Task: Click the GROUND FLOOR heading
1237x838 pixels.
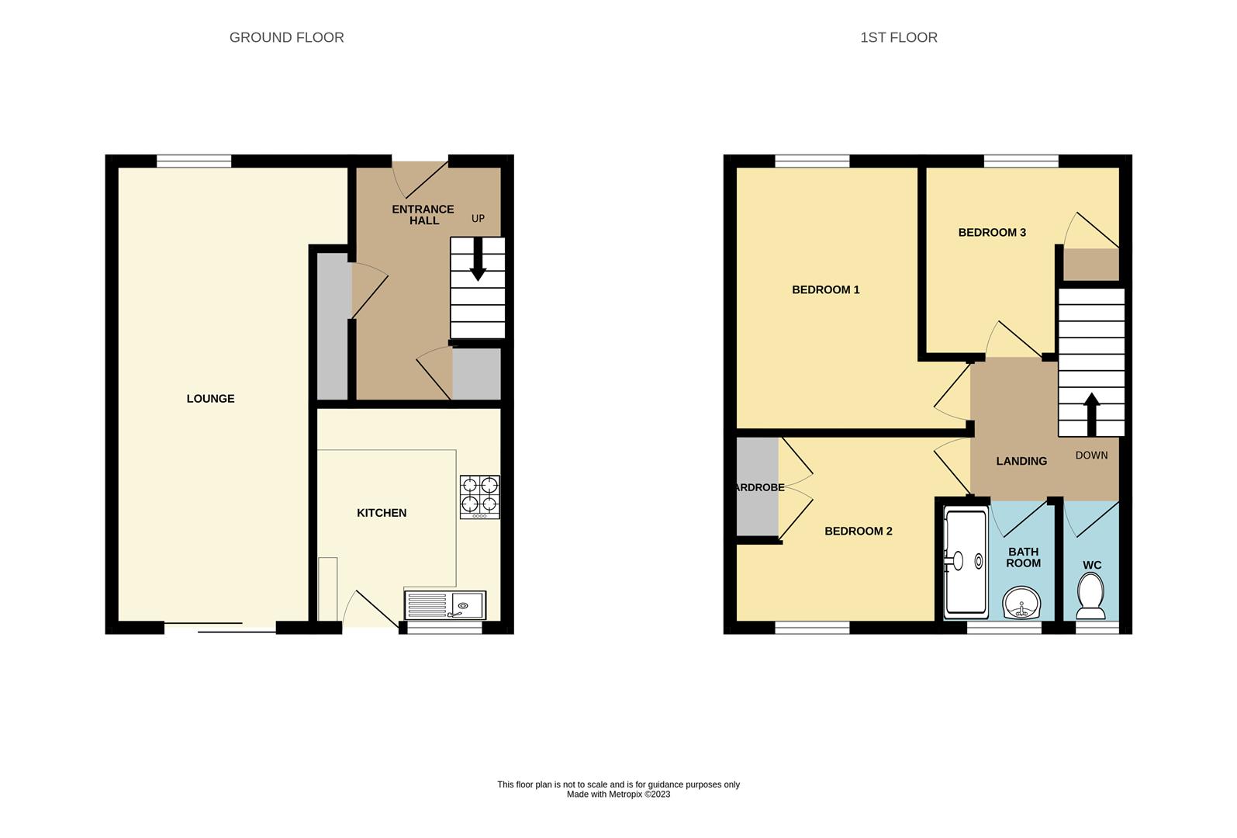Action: [x=286, y=37]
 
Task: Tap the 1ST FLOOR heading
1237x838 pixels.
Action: [x=898, y=37]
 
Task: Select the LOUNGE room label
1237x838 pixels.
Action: [x=210, y=399]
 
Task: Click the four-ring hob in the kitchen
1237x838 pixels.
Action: [x=479, y=497]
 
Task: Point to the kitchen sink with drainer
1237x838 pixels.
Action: [x=444, y=605]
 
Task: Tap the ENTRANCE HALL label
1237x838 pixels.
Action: [x=423, y=215]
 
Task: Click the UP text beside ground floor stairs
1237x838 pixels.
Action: [x=478, y=219]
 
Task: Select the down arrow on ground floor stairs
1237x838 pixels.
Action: [x=478, y=261]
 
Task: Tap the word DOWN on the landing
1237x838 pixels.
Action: [x=1091, y=455]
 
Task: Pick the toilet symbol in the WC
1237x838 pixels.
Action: [x=1091, y=596]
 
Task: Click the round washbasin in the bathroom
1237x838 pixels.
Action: [x=1022, y=602]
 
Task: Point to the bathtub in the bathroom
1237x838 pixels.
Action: [x=965, y=563]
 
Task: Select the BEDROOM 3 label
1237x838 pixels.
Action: [x=992, y=233]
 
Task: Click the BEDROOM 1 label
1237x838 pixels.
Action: [x=825, y=290]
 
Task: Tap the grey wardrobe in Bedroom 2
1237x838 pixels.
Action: [x=757, y=487]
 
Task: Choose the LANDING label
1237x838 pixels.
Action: [x=1021, y=461]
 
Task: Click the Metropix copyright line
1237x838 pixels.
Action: [x=618, y=795]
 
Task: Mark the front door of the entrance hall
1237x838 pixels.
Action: [x=420, y=178]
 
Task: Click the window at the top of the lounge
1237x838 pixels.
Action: [x=194, y=161]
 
